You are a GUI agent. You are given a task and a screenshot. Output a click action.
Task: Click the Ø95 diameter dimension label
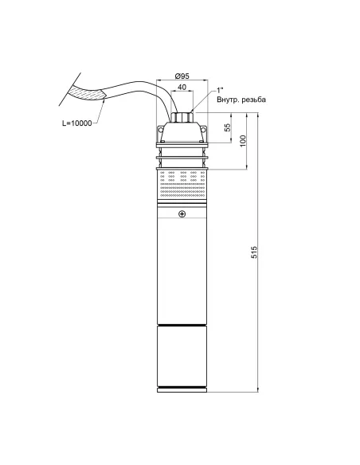182,76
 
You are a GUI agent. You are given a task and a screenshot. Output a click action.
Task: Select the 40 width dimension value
182,88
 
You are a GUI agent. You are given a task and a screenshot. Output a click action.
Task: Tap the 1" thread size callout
220,90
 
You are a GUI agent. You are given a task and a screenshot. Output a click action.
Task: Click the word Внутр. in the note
228,100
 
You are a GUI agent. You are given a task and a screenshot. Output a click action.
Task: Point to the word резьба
254,100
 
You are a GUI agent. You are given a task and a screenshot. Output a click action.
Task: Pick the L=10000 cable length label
76,123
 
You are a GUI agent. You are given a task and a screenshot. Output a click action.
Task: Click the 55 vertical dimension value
227,127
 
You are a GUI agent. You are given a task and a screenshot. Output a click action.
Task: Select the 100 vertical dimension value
243,141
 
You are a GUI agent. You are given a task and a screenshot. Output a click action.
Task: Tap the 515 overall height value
254,252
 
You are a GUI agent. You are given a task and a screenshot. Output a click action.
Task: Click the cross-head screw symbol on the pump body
182,214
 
